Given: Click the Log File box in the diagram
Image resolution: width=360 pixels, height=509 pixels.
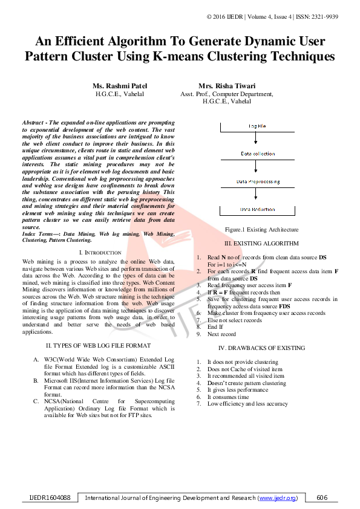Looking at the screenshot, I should coord(261,126).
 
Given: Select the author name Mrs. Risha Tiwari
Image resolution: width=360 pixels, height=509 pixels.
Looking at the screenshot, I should coord(226,86).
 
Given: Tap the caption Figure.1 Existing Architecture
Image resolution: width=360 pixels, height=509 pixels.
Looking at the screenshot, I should coord(261,230).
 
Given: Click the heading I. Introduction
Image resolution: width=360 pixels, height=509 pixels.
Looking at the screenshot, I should coord(100,252).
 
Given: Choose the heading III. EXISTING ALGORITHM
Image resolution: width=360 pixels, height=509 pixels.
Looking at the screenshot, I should coord(261,243).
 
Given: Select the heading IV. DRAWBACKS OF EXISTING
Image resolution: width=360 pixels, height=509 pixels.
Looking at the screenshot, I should coord(261,348).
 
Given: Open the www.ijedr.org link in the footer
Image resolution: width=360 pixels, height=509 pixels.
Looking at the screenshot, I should coord(278,498).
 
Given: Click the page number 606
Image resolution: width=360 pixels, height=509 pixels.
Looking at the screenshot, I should coord(322,498).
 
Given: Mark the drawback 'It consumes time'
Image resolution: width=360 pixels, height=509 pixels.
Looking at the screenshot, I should coord(228,397).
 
